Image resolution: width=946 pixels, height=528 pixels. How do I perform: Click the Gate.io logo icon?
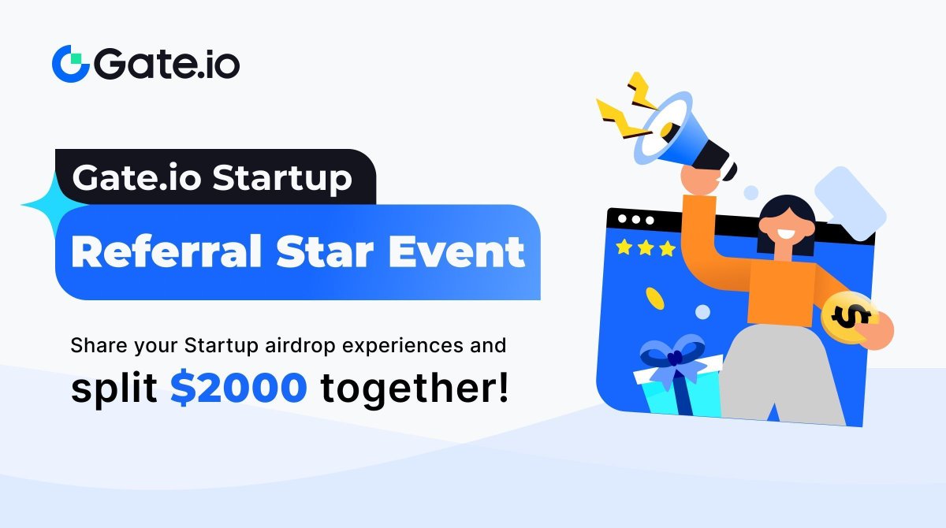70,63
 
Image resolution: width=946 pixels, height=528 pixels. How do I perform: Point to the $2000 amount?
239,388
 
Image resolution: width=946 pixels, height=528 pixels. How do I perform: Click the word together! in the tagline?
414,389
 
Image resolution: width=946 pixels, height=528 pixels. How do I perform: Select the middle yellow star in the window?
646,248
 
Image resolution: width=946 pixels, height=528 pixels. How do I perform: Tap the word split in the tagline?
114,389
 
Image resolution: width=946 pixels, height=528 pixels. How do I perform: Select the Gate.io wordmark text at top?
166,64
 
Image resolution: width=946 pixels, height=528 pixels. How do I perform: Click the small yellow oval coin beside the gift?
655,298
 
